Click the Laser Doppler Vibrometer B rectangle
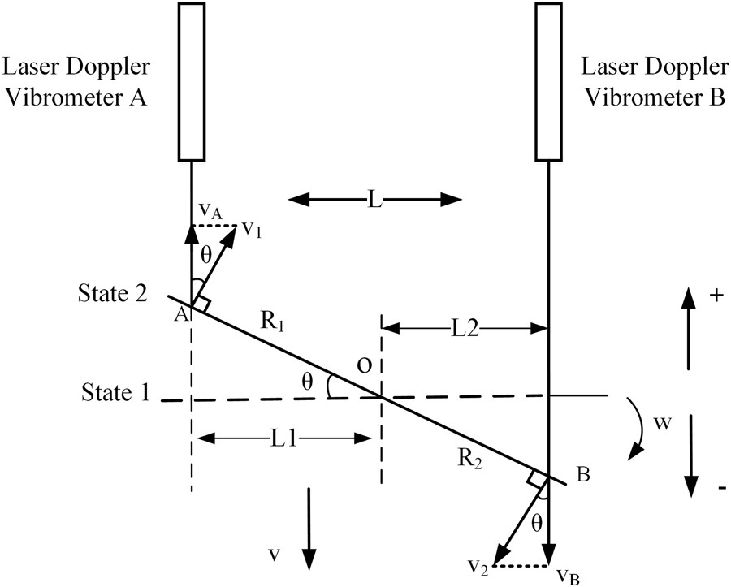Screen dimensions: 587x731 549,80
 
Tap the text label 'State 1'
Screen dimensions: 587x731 115,393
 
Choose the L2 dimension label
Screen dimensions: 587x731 465,328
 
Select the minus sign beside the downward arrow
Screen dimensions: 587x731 720,489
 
